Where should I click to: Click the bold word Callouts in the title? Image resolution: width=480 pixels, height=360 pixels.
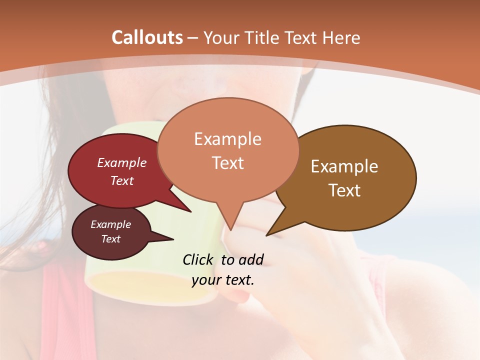(x=147, y=37)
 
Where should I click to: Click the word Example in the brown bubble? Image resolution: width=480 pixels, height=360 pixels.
(x=344, y=166)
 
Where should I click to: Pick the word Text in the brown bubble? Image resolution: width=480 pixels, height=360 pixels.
(x=344, y=190)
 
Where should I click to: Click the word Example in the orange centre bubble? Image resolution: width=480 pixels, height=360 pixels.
(x=227, y=139)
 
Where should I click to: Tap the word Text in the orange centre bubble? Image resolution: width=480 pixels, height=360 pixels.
(x=227, y=163)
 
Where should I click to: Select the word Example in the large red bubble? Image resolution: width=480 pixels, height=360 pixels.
(x=122, y=162)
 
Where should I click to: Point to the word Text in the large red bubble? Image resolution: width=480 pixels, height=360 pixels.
(x=122, y=180)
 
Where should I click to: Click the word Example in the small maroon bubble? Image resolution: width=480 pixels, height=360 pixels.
(x=111, y=224)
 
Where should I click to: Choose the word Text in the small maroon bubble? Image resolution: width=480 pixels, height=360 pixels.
(x=111, y=239)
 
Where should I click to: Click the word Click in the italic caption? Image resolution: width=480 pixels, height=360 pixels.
(x=198, y=259)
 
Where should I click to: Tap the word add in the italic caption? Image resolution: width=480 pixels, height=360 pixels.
(x=250, y=259)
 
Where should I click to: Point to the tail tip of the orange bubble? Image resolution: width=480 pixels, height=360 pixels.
(x=230, y=230)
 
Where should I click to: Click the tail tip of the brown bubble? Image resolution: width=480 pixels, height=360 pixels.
(x=266, y=235)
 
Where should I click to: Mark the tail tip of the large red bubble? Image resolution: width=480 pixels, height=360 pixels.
(x=191, y=211)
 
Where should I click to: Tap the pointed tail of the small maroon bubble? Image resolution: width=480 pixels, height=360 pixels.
(x=173, y=239)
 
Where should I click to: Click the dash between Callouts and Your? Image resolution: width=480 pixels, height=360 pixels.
(x=193, y=38)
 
